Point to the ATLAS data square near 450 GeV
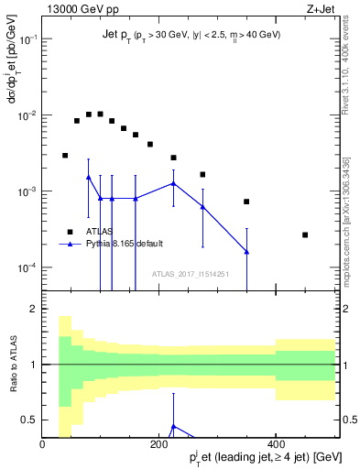point(305,234)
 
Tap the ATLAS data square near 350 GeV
point(246,202)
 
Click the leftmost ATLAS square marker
point(65,156)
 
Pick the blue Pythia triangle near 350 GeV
point(246,252)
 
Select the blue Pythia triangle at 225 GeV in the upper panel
point(173,183)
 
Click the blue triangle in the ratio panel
point(173,426)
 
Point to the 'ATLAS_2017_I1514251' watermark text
point(191,274)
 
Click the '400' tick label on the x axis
point(276,444)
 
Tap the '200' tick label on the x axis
point(159,444)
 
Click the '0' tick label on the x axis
point(43,444)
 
